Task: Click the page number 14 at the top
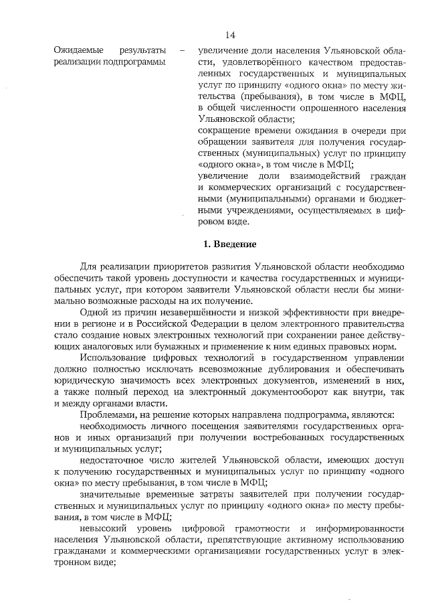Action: point(230,35)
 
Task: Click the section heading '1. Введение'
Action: point(229,244)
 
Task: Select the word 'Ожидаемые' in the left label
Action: point(77,50)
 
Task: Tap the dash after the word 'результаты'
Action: point(181,50)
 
